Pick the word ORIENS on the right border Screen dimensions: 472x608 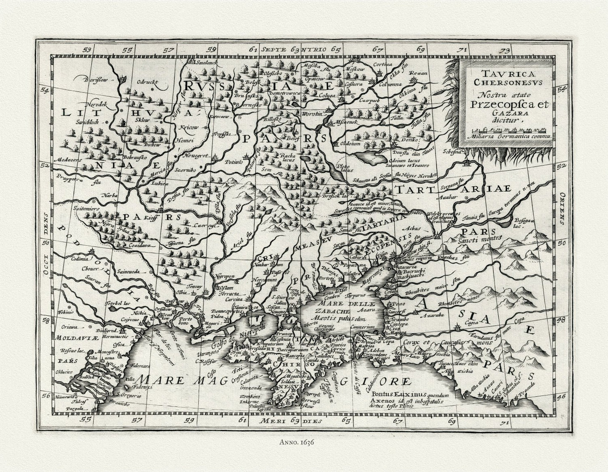(x=563, y=206)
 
